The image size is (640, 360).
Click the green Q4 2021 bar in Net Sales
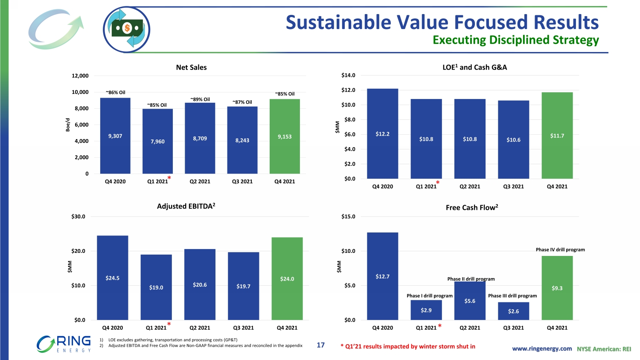285,136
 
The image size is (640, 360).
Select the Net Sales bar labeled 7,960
157,141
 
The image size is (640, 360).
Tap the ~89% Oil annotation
200,99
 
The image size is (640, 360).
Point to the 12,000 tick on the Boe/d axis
80,76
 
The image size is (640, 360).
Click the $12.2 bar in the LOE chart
382,134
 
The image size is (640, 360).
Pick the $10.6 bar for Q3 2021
513,139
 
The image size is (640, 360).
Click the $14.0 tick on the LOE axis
348,75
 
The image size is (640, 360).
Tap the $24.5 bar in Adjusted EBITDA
113,278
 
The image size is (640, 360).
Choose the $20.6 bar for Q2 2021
200,285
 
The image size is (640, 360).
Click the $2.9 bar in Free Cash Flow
426,310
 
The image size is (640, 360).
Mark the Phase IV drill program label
560,250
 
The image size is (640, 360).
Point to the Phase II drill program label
471,279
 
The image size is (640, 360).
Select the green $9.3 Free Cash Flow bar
557,288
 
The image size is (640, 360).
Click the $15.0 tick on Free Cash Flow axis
348,217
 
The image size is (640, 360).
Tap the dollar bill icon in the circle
127,29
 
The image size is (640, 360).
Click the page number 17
321,345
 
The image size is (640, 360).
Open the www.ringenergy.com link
542,348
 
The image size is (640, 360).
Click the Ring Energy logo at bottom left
64,344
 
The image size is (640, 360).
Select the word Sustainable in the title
338,22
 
